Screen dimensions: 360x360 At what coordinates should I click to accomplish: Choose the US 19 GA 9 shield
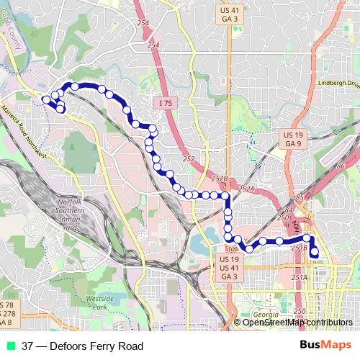pyautogui.click(x=292, y=139)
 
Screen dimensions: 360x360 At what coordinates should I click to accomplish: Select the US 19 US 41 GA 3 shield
pyautogui.click(x=229, y=267)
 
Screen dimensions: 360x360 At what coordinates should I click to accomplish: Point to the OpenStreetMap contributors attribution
pyautogui.click(x=297, y=322)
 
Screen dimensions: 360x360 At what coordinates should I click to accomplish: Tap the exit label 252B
pyautogui.click(x=220, y=178)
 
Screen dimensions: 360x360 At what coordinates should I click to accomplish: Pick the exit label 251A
pyautogui.click(x=300, y=277)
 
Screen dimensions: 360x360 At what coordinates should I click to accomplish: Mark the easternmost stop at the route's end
pyautogui.click(x=315, y=251)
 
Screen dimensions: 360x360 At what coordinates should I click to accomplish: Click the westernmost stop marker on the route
pyautogui.click(x=46, y=99)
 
